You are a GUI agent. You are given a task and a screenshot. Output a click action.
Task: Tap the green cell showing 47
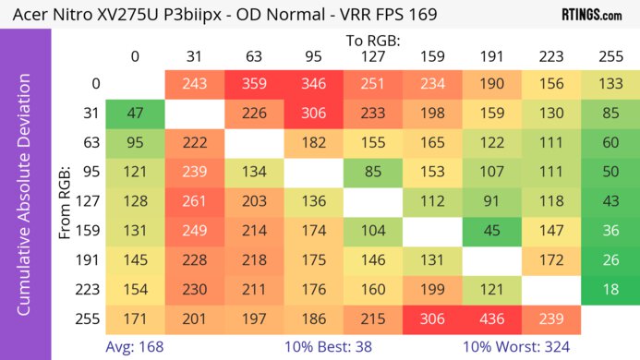coord(135,114)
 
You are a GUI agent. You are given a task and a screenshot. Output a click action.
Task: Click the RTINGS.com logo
coord(591,15)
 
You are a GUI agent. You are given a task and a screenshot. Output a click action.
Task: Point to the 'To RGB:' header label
coord(372,41)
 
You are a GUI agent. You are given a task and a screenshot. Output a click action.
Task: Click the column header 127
coord(372,56)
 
